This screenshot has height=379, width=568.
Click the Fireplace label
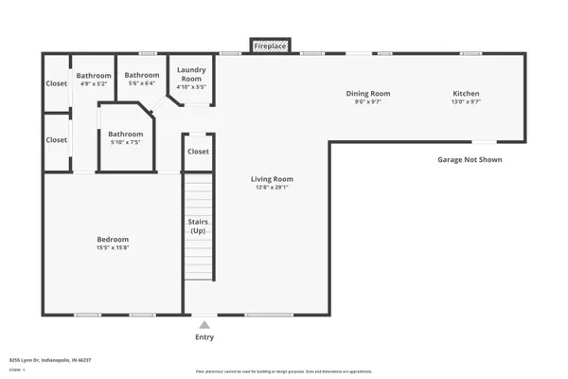(271, 45)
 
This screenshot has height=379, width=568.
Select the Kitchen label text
(466, 94)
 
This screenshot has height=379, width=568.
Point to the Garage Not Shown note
(470, 160)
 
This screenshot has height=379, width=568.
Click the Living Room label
(272, 179)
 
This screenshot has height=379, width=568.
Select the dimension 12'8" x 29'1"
(272, 188)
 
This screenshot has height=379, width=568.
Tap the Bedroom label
(112, 239)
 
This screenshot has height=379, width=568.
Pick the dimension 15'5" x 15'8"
(112, 248)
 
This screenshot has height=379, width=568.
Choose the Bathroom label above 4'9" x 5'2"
(94, 75)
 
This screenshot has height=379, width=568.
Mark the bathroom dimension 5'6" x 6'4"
(142, 83)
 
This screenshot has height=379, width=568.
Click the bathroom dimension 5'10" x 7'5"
(124, 143)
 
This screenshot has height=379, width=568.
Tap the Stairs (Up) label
(198, 226)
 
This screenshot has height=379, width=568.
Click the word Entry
(204, 337)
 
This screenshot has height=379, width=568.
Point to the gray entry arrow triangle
(204, 325)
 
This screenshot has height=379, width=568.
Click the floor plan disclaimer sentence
(283, 371)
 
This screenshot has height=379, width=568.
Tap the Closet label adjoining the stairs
(198, 151)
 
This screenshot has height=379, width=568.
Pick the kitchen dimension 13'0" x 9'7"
(466, 102)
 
